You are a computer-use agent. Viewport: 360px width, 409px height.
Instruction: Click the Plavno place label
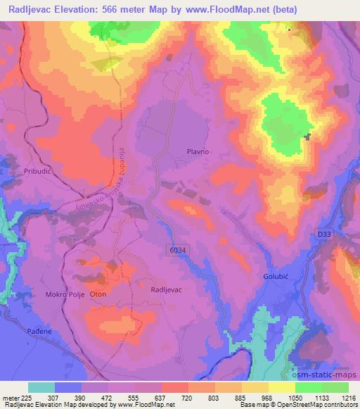(x=199, y=151)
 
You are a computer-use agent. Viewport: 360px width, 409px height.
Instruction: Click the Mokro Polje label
(x=65, y=294)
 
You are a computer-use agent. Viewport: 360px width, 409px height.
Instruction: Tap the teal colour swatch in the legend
(x=41, y=387)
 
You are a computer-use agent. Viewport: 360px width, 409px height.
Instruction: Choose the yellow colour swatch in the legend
(x=281, y=387)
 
